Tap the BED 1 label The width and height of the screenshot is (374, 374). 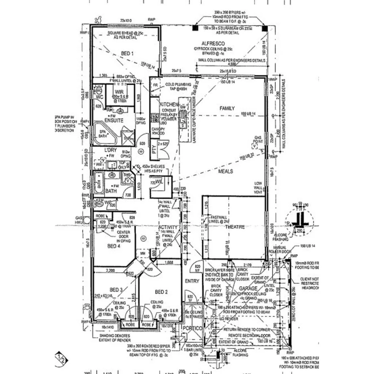(127, 53)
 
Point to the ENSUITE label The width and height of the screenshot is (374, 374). (114, 120)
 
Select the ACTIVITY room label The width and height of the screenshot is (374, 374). (168, 227)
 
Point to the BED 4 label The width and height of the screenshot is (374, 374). (114, 246)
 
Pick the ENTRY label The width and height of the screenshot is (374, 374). (192, 281)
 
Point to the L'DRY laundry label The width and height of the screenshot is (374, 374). (110, 150)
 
